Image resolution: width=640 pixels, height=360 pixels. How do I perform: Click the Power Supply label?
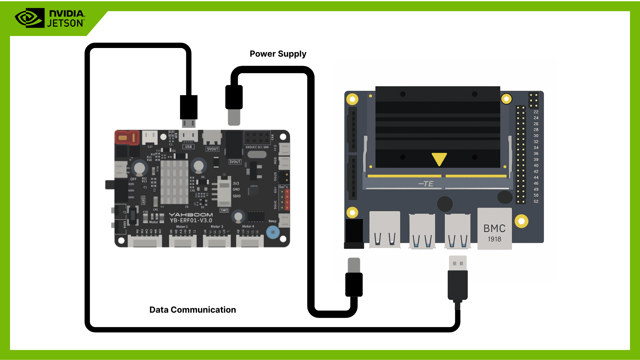click(278, 54)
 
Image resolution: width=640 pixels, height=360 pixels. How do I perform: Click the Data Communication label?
click(192, 310)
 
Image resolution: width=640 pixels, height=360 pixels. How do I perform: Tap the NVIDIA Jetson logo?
click(50, 18)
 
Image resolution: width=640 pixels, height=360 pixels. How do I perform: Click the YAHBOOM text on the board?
click(191, 215)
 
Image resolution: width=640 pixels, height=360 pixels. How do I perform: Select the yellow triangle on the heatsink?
click(439, 159)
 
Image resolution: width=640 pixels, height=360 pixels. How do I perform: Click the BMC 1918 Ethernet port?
click(494, 229)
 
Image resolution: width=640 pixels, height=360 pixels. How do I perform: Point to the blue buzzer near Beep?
click(273, 232)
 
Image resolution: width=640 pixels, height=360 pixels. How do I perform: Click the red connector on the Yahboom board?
click(127, 138)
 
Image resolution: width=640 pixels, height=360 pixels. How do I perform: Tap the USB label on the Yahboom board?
click(188, 147)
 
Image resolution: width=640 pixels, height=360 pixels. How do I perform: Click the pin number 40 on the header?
click(536, 166)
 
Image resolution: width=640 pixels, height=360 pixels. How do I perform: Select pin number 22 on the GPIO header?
click(536, 112)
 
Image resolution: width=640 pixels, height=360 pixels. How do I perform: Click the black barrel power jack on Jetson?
click(354, 233)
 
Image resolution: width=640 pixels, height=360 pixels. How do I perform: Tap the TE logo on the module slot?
click(426, 184)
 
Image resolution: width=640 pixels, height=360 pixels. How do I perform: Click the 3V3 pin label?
click(236, 183)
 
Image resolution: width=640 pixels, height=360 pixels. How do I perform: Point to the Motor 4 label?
click(248, 226)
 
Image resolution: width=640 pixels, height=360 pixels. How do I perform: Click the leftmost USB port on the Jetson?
click(385, 230)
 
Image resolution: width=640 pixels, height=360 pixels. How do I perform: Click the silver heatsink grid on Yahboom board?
click(174, 182)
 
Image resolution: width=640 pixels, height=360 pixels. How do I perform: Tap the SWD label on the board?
click(224, 210)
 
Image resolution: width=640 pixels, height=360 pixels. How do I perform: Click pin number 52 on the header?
click(536, 201)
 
